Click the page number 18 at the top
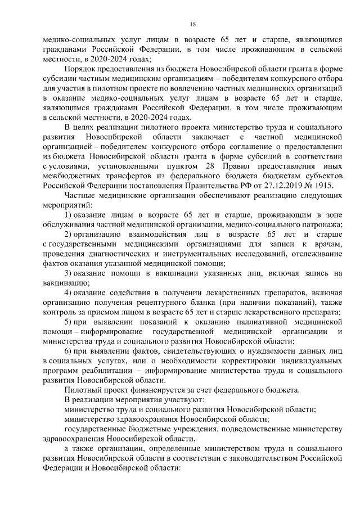[x=192, y=23]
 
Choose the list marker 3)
[x=67, y=273]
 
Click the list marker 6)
[x=67, y=350]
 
